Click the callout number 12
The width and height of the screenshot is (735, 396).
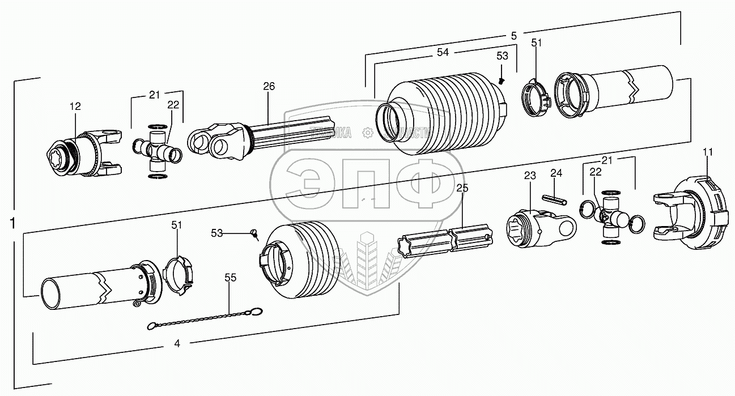point(75,106)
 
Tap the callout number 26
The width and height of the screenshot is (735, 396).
point(269,87)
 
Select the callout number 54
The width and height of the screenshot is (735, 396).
point(443,52)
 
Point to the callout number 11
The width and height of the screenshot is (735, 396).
point(708,152)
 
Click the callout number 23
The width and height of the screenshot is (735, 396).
point(529,176)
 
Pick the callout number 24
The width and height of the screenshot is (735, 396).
point(556,173)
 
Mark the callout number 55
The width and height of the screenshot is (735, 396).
point(230,278)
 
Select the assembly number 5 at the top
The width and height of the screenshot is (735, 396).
point(513,35)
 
